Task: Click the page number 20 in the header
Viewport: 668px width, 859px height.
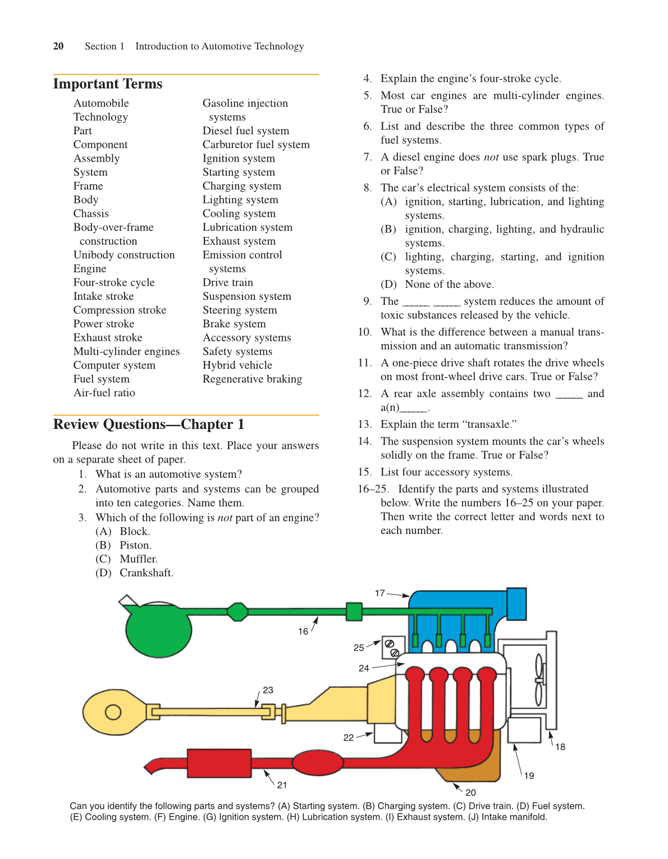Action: coord(58,46)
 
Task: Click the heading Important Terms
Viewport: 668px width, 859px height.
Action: coord(107,84)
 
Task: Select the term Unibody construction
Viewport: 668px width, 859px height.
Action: coord(124,255)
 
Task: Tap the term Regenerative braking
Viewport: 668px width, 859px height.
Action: coord(252,379)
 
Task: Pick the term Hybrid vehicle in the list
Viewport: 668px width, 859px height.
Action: coord(237,365)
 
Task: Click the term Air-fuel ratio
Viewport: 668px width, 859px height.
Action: coord(104,393)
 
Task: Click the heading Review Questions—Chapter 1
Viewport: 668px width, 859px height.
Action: coord(148,424)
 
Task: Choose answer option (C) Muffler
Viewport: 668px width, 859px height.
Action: coord(127,559)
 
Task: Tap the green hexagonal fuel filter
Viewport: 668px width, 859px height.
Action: coord(237,611)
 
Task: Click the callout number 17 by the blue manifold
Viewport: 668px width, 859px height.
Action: coord(380,593)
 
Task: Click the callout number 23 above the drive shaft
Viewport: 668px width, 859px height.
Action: coord(268,690)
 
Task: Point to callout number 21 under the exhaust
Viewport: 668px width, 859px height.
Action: coord(282,785)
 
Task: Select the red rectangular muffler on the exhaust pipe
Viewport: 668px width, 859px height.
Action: coord(219,763)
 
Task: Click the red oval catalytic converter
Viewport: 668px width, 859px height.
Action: coord(317,763)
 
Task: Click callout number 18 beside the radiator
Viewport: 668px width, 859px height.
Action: coord(560,747)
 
